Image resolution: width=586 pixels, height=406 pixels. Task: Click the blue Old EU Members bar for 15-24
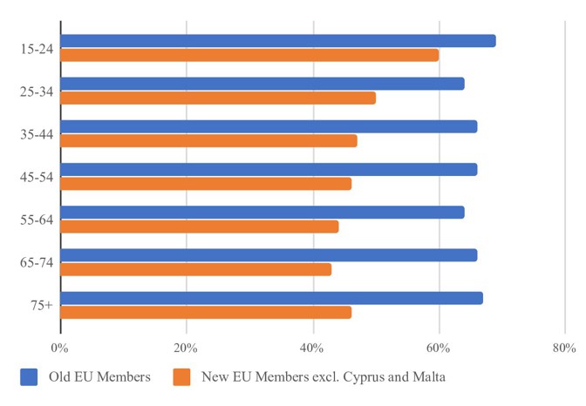(278, 41)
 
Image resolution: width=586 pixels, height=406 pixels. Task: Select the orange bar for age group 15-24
(249, 55)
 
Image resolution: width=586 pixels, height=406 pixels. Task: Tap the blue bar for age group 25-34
(262, 84)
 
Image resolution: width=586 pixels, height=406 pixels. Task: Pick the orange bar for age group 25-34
(218, 98)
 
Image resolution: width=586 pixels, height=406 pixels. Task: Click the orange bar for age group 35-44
(208, 140)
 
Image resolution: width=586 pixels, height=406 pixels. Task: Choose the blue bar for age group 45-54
(269, 169)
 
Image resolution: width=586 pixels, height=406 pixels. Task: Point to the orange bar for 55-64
(200, 227)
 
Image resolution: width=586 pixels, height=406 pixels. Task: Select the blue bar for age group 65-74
(269, 255)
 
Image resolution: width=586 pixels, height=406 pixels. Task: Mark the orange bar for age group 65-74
(196, 269)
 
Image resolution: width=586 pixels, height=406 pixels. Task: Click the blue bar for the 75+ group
(271, 298)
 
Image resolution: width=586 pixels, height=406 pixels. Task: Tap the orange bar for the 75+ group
(206, 312)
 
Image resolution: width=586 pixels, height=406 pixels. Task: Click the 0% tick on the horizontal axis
(59, 348)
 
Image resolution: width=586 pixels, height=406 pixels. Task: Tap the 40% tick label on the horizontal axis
(312, 348)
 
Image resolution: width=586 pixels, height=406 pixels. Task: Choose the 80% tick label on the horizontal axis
(563, 348)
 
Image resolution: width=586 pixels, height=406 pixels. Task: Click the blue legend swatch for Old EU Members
(30, 377)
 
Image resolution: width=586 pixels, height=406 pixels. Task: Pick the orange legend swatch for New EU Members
(181, 377)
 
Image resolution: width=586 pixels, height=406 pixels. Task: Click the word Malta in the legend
(428, 377)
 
